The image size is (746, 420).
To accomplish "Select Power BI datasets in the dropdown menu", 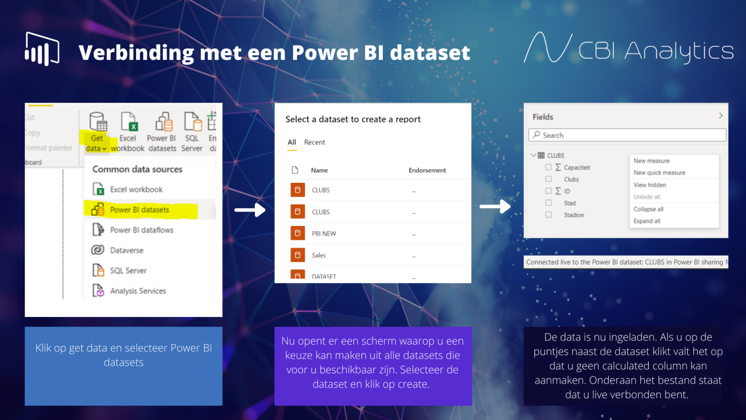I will click(139, 210).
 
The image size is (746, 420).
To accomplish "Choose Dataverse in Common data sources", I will click(126, 250).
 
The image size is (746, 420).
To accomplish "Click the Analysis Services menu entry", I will click(137, 291).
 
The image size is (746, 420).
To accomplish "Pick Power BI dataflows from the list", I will click(141, 230).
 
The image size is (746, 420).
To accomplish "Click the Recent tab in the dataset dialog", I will click(314, 142).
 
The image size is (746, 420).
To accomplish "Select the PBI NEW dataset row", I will click(324, 234).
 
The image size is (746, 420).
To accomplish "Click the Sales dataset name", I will click(319, 255).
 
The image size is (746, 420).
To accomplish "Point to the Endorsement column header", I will click(427, 170).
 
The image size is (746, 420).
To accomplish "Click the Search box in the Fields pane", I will click(627, 135).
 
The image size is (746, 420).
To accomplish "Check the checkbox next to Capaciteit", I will click(548, 167).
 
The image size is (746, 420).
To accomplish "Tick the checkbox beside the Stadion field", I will click(548, 215).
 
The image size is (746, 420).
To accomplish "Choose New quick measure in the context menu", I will click(659, 173).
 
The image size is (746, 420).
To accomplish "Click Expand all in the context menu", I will click(647, 221).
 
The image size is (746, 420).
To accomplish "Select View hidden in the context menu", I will click(649, 185).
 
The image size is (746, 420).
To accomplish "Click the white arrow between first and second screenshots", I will click(250, 210).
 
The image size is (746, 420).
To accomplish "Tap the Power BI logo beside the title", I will click(42, 49).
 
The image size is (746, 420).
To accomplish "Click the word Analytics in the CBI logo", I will click(679, 51).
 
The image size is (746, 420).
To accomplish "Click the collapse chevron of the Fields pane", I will click(721, 116).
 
